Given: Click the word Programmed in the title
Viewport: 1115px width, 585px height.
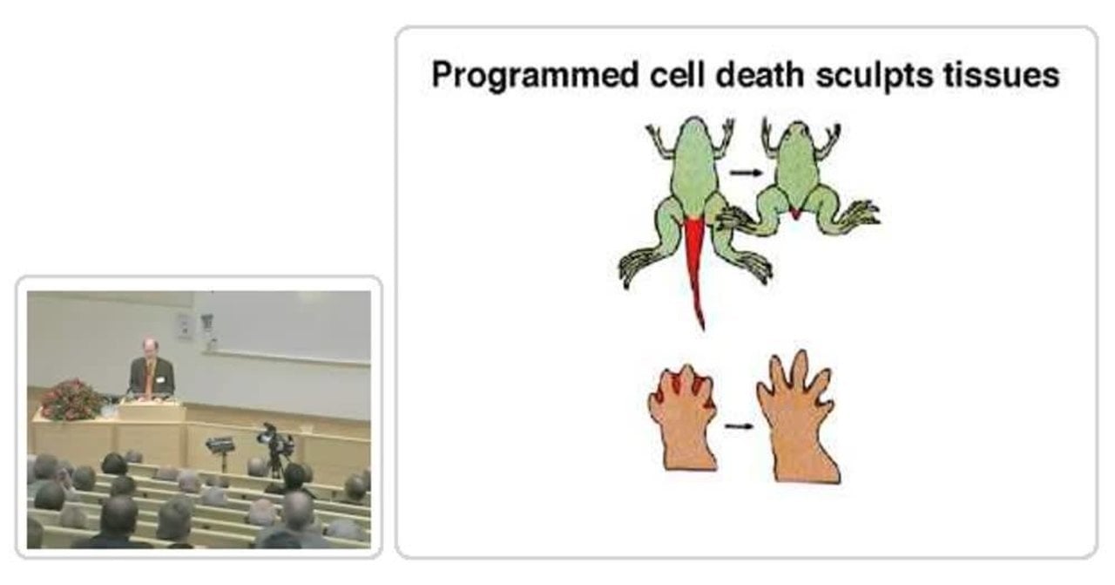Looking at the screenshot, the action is [535, 76].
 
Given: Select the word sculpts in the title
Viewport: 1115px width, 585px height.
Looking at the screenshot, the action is [875, 76].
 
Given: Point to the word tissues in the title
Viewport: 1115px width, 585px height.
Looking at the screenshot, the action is [1002, 75].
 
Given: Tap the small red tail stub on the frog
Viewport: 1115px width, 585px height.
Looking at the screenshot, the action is [795, 214].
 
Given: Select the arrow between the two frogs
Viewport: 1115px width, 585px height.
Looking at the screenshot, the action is [746, 173].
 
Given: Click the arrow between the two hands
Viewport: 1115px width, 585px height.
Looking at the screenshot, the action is [739, 426].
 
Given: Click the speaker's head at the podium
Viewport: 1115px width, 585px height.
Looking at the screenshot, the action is [149, 347].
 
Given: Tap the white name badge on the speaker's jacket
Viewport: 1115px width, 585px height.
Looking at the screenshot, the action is [160, 379].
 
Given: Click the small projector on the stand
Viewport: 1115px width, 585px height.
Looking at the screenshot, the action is [220, 444].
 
